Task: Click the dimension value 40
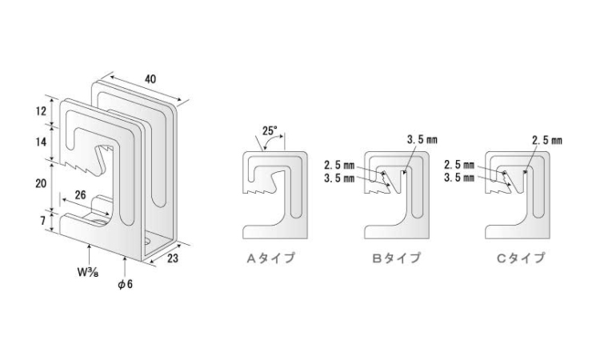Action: coord(150,79)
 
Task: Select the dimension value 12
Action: coord(41,111)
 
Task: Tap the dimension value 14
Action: coord(41,142)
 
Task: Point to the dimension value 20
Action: coord(41,184)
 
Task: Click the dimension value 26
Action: coord(80,195)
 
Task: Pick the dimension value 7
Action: coord(43,221)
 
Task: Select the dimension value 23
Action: coord(173,258)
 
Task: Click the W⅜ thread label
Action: coord(88,272)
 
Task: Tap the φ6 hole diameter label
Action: coord(125,284)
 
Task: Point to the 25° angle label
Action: coord(270,131)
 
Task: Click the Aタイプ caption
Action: coord(271,258)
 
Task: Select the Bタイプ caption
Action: coord(397,258)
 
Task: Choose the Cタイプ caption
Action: coord(521,258)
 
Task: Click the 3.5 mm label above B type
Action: coord(422,140)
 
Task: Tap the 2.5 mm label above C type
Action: coord(547,141)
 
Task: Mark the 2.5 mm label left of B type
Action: coord(339,166)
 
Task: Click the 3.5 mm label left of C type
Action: coord(459,178)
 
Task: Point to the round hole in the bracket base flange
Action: coord(147,242)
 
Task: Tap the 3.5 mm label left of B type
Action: coord(339,178)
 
